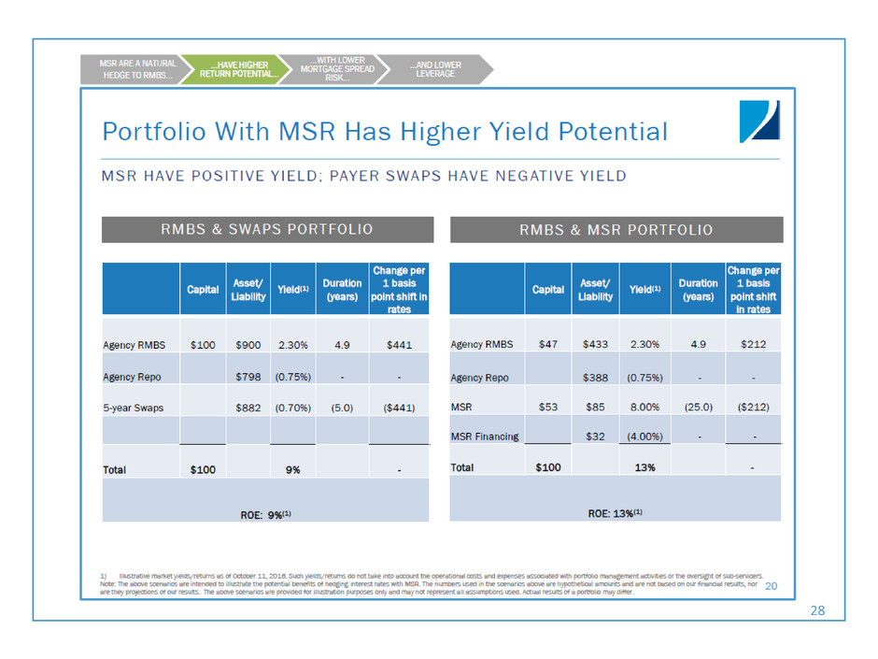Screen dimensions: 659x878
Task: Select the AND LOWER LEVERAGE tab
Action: coord(436,69)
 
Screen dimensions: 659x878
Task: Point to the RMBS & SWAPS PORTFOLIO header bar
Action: coord(268,229)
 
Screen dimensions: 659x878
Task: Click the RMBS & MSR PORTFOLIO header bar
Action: coord(616,229)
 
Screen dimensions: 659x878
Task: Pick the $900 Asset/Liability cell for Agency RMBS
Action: coord(248,345)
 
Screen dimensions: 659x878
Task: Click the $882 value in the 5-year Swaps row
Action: coord(248,408)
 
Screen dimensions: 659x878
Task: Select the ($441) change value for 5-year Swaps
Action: coord(399,408)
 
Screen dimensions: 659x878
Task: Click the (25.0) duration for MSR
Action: coord(698,408)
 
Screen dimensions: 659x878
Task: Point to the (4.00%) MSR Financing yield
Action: coord(645,437)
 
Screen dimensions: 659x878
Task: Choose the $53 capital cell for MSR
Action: coord(548,408)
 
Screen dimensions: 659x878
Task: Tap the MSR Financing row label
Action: coord(485,437)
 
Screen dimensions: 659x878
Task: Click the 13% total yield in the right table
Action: coord(644,467)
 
